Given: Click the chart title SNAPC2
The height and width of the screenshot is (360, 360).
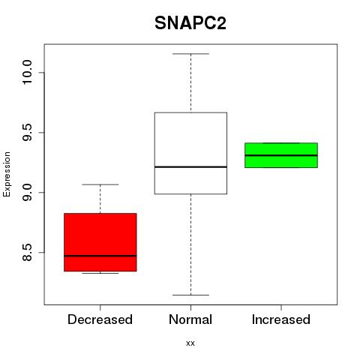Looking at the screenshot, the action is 190,23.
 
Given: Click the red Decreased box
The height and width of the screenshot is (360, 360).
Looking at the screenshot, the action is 100,242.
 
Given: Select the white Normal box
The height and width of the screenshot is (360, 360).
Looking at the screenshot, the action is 190,153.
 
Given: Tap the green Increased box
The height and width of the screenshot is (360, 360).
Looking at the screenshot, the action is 281,155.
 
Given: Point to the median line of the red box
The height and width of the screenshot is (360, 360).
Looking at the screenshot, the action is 100,256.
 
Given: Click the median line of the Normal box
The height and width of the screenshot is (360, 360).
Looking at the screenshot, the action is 190,166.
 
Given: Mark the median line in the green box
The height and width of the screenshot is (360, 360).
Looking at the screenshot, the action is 281,155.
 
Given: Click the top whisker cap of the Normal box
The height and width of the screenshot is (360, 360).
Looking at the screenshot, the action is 190,54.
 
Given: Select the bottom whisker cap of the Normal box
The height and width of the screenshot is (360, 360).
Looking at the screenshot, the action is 190,295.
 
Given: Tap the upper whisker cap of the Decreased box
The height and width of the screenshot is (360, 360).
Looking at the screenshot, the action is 100,184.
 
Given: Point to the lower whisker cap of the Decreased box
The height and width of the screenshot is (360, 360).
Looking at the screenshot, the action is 100,273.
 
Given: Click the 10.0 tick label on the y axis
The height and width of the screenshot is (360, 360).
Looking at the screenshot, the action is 27,73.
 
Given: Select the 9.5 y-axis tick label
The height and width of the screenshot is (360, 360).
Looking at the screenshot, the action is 27,133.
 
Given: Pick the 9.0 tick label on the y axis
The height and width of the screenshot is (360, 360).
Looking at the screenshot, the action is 27,192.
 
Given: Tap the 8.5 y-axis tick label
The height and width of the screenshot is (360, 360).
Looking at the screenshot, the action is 27,252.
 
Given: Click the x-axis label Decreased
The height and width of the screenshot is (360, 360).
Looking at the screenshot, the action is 100,319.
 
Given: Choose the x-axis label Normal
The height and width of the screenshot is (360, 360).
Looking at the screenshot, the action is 190,319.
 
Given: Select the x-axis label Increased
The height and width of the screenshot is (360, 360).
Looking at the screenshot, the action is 281,319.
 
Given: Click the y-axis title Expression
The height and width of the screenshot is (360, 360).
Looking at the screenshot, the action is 7,174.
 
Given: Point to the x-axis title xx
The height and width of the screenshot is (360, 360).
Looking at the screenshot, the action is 190,343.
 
